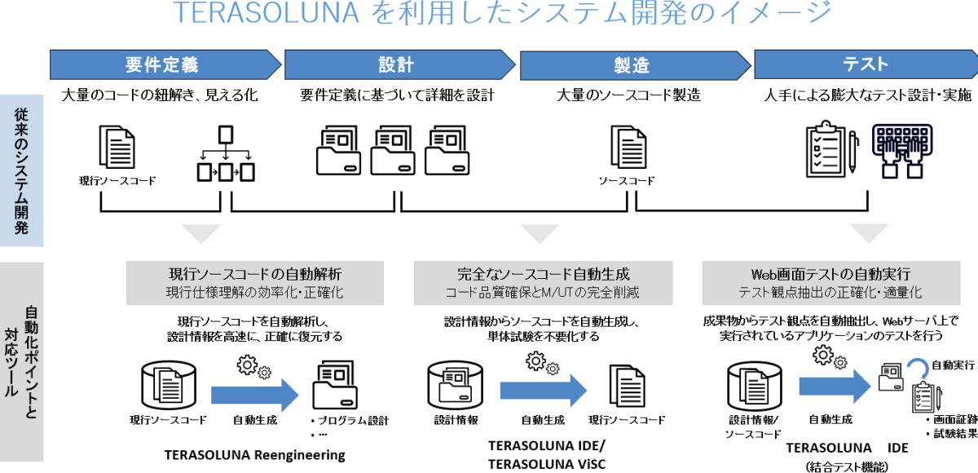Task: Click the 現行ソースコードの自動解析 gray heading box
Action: [254, 282]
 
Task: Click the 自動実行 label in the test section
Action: [953, 365]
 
